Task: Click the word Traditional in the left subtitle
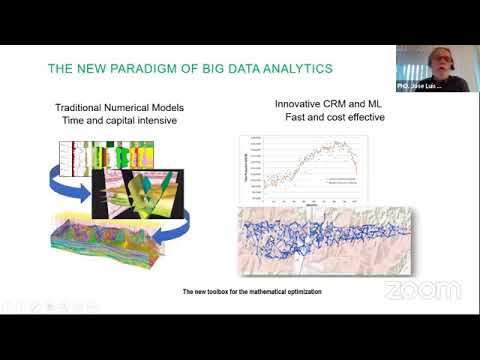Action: (x=83, y=107)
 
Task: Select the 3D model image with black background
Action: (x=139, y=194)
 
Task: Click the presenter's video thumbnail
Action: (x=437, y=68)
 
